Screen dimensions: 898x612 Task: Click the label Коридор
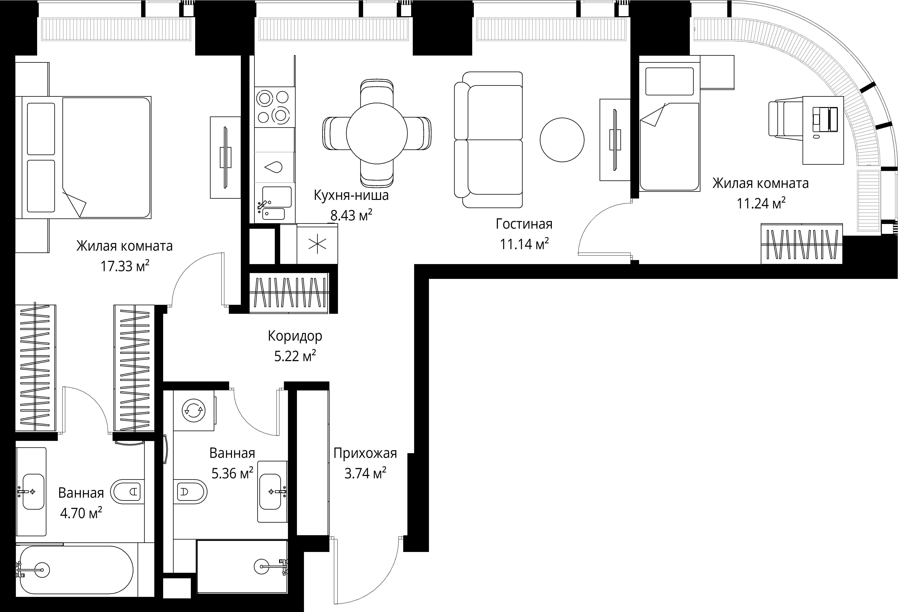point(295,336)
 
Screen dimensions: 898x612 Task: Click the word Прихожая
point(365,453)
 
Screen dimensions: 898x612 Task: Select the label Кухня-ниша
point(351,195)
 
